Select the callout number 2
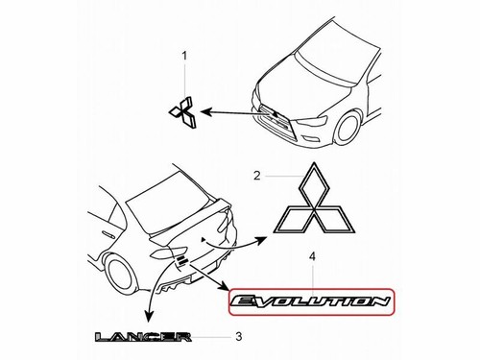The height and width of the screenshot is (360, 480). pyautogui.click(x=257, y=175)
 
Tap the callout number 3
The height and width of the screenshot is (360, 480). pyautogui.click(x=238, y=337)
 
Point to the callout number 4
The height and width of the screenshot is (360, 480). pyautogui.click(x=311, y=257)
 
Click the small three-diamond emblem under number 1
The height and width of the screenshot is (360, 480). pyautogui.click(x=183, y=113)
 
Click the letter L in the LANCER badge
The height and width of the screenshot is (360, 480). pyautogui.click(x=103, y=337)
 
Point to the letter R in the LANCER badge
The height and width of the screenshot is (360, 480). pyautogui.click(x=183, y=337)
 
